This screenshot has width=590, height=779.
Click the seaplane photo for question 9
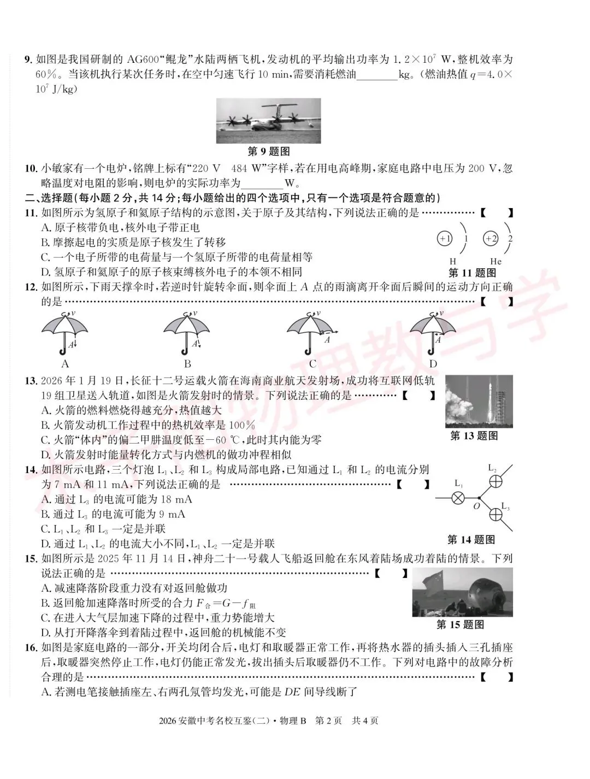268,121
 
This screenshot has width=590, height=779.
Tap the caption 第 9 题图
268,151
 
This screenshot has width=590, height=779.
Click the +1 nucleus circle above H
445,239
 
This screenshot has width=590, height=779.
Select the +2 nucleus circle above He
491,239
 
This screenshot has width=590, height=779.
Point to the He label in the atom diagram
495,262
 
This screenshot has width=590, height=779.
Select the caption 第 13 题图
474,436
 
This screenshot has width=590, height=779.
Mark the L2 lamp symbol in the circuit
495,481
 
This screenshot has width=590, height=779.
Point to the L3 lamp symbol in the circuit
495,514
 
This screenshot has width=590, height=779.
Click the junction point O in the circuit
479,498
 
